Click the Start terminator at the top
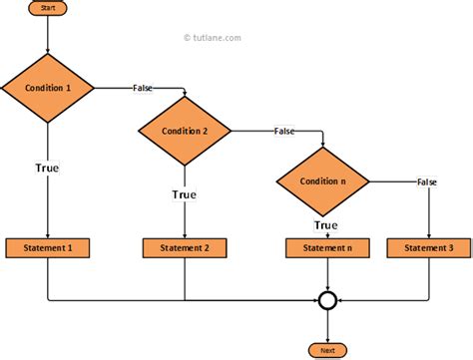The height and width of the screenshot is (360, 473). coord(47,8)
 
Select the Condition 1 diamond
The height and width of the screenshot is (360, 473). coord(47,88)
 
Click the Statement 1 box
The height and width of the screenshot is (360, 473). coord(47,247)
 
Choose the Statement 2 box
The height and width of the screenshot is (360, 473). coord(185,247)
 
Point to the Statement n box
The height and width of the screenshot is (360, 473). coord(327,247)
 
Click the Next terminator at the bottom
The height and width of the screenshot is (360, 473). coord(327,351)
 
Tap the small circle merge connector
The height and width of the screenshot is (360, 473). coord(327,299)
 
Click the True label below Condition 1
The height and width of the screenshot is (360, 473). coord(47,168)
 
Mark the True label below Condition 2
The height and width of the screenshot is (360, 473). coord(185,194)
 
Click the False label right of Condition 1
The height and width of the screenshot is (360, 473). coord(143,88)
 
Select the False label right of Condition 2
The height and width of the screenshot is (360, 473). coord(284,132)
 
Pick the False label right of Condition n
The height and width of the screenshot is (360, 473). coord(427,180)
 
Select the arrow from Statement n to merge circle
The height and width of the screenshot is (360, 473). coord(327,273)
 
